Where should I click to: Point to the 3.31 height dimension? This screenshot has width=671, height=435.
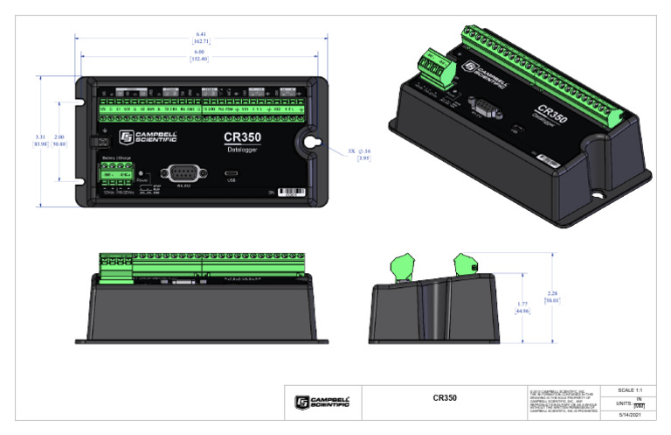pos(40,139)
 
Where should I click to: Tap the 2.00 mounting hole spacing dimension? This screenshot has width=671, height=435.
pos(59,139)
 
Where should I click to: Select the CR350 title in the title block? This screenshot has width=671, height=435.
pos(446,399)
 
